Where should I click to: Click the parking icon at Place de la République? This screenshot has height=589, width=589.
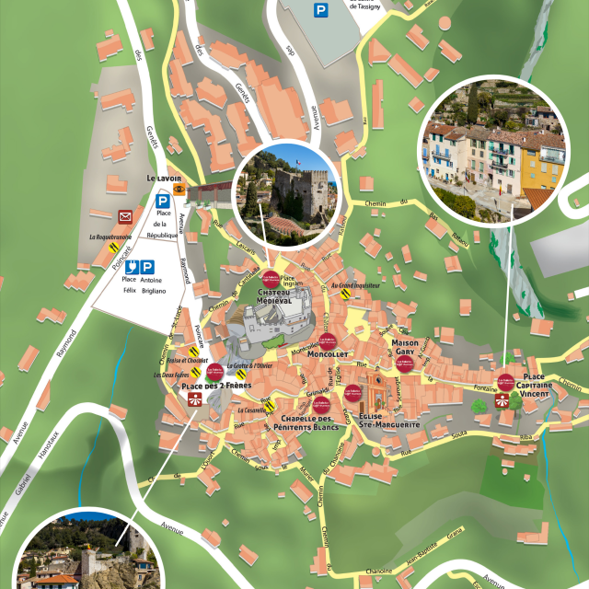[x=162, y=200]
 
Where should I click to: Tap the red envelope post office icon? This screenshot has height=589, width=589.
[x=125, y=217]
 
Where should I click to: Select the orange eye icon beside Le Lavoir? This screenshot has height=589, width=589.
[x=179, y=189]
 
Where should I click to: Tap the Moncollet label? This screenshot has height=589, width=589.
[x=328, y=353]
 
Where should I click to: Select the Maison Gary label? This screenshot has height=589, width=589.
[x=405, y=348]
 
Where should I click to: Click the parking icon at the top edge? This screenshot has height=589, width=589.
[x=320, y=10]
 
